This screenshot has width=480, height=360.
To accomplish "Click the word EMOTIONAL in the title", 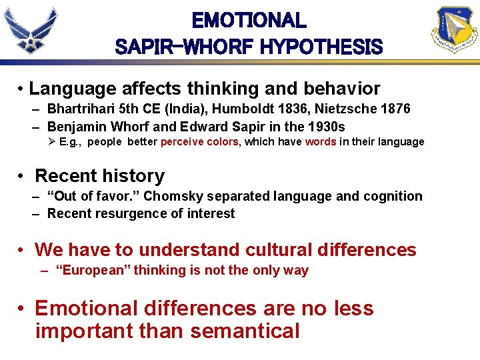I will coord(249,21).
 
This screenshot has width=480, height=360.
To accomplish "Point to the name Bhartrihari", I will coord(81,108).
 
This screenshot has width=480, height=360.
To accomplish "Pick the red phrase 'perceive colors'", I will coord(199,142).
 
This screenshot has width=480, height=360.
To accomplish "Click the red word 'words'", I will coord(320,142).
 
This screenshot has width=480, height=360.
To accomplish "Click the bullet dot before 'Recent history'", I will coord(22,177).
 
